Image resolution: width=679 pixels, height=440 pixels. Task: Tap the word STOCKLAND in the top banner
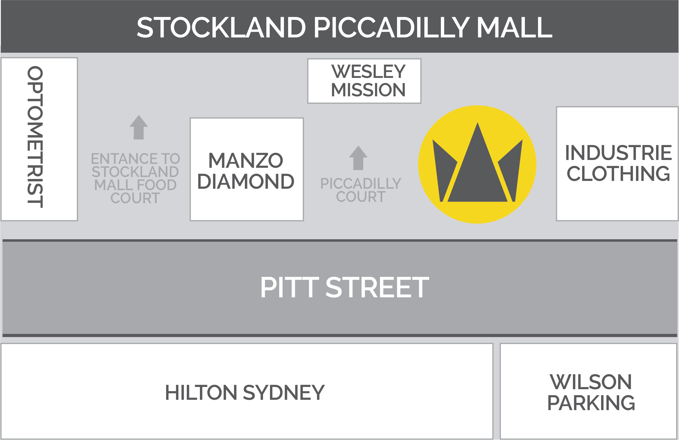[x=221, y=27]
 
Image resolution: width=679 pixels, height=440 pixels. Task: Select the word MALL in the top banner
[x=515, y=27]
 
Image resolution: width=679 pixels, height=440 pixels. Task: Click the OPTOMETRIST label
[x=35, y=137]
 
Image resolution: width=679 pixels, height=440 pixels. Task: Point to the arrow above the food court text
[x=139, y=127]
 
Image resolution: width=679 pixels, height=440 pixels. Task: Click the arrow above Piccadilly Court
[x=358, y=158]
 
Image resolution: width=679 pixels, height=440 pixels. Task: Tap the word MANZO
[x=246, y=160]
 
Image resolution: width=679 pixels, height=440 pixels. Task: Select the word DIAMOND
[x=246, y=181]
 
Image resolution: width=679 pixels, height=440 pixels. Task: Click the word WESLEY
[x=368, y=71]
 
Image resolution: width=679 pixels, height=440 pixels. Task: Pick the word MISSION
[x=368, y=90]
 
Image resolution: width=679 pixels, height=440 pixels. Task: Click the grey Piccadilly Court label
[x=361, y=190]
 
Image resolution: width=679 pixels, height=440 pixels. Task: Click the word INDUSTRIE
[x=618, y=153]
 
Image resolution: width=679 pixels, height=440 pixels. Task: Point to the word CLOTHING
[x=618, y=174]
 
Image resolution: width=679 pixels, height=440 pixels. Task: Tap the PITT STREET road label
[x=345, y=287]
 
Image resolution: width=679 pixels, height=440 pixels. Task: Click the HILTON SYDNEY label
[x=245, y=393]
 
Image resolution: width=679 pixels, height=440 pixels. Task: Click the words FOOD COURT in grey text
[x=135, y=192]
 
